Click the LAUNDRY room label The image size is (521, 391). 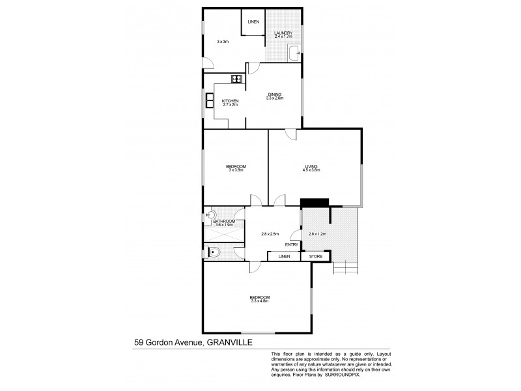[283, 33]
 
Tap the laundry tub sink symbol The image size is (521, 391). [294, 51]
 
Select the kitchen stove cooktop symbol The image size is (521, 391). [236, 80]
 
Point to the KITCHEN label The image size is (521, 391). [230, 101]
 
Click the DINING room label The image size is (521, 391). [274, 95]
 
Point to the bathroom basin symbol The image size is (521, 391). [210, 213]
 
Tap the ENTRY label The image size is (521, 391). [292, 245]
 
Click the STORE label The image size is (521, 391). [315, 257]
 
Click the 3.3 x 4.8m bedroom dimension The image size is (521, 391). [259, 301]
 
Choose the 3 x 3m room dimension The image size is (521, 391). [222, 42]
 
